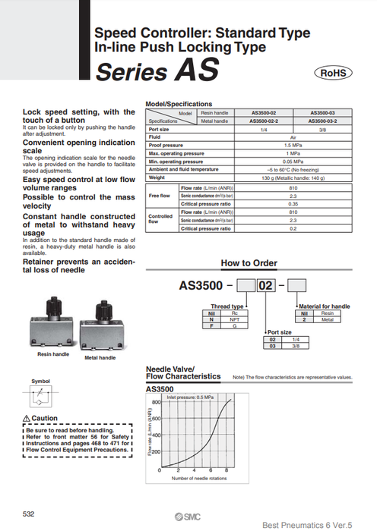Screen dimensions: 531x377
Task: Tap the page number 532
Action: [28, 514]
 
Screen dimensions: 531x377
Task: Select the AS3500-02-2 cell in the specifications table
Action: [268, 121]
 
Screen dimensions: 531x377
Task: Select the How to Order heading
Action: [249, 263]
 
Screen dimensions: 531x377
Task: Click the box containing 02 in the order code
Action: [266, 287]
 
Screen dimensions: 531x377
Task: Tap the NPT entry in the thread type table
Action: [236, 319]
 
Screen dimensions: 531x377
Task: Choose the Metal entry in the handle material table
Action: [327, 319]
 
